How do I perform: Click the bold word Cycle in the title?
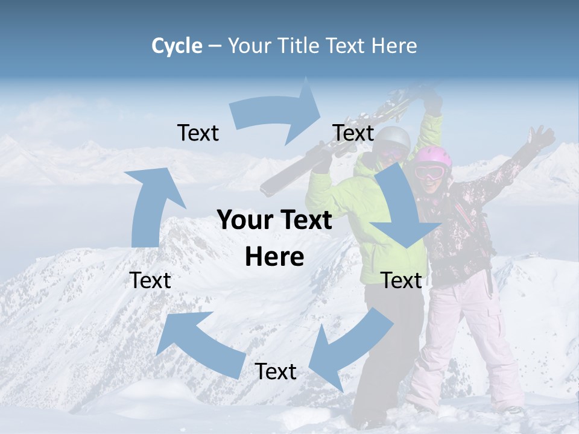[x=177, y=46]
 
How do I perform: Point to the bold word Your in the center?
[x=243, y=221]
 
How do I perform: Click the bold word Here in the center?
[x=274, y=257]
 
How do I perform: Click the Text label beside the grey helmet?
[x=353, y=133]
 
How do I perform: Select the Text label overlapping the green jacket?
[x=401, y=280]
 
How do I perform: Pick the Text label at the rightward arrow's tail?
[x=198, y=133]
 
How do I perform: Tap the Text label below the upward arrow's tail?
[x=151, y=280]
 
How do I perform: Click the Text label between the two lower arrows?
[x=276, y=371]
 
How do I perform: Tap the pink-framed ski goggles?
[x=429, y=172]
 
